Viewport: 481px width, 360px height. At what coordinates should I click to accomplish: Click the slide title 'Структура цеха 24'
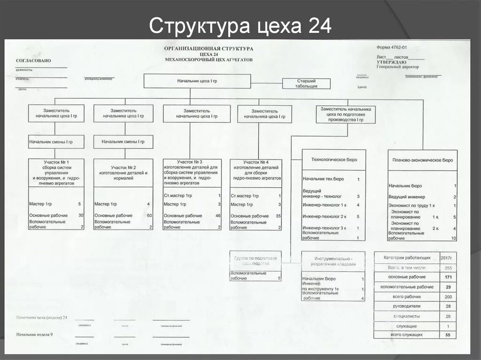click(x=240, y=26)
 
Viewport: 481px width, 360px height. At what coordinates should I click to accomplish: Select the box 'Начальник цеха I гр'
click(x=197, y=81)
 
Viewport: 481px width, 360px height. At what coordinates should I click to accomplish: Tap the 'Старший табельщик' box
click(x=306, y=84)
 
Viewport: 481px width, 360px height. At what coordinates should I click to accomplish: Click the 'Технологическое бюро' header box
click(x=334, y=160)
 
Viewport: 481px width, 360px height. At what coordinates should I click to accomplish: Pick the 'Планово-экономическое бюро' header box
click(x=422, y=160)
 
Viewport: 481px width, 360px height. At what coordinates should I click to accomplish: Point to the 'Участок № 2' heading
click(x=123, y=168)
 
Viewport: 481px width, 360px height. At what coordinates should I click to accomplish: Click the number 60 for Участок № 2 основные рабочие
click(x=149, y=215)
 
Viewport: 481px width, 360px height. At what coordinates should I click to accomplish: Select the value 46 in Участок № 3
click(x=218, y=215)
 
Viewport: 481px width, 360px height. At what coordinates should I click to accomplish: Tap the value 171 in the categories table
click(x=448, y=277)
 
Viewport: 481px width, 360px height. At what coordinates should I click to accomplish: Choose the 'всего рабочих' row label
click(x=407, y=297)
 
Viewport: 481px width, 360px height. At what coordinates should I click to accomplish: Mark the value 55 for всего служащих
click(x=448, y=335)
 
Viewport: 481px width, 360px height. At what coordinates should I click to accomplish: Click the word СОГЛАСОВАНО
click(x=33, y=61)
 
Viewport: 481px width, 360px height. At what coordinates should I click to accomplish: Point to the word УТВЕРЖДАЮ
click(x=391, y=62)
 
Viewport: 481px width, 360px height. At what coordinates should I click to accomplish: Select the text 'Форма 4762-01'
click(x=391, y=47)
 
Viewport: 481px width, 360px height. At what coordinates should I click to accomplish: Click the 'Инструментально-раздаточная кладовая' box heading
click(x=333, y=261)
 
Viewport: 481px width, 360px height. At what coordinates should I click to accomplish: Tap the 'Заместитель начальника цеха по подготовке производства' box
click(x=346, y=114)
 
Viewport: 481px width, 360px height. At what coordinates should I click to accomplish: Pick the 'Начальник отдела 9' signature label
click(x=35, y=334)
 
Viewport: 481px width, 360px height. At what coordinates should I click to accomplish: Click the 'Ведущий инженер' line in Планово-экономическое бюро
click(x=407, y=197)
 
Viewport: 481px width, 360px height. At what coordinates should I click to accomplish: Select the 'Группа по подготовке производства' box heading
click(x=256, y=261)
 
